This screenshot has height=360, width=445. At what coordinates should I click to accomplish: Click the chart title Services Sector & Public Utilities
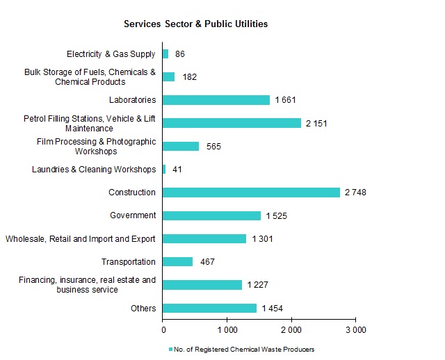(x=195, y=24)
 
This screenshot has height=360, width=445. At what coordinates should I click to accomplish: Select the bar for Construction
(x=251, y=193)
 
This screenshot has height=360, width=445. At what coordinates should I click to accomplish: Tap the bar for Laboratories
(x=216, y=100)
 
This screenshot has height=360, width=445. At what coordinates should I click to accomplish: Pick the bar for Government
(x=212, y=215)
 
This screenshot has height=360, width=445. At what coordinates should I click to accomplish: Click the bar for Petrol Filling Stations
(x=232, y=123)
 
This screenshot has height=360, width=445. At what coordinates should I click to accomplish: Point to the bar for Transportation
(x=178, y=262)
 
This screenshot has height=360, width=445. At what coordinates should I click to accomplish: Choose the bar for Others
(x=210, y=308)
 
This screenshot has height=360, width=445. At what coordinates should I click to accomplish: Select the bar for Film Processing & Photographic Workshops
(x=181, y=146)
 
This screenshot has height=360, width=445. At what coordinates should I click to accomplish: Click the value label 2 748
(x=355, y=193)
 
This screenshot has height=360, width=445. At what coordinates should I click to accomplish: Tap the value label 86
(x=180, y=54)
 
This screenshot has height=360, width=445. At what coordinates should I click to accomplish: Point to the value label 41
(x=177, y=170)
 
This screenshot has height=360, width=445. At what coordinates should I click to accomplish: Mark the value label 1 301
(x=262, y=239)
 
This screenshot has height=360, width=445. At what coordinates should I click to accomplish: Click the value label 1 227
(x=257, y=285)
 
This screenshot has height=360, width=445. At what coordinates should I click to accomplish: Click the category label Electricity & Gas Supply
(x=111, y=54)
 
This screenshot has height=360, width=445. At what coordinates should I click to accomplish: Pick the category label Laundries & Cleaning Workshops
(x=94, y=170)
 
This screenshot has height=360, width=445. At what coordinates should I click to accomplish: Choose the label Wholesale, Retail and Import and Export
(x=80, y=239)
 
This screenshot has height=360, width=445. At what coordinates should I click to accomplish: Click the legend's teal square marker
(x=170, y=349)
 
